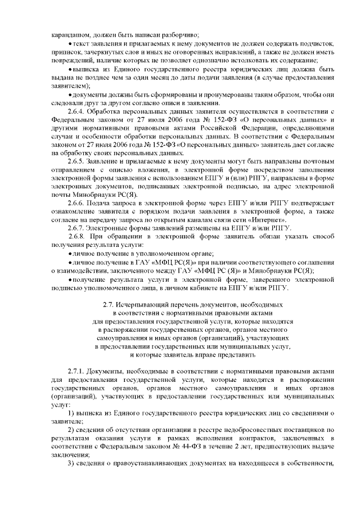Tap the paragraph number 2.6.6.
(76, 202)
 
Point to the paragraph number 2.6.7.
(76, 227)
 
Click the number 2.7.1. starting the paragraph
(76, 372)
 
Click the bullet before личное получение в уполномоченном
(70, 254)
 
